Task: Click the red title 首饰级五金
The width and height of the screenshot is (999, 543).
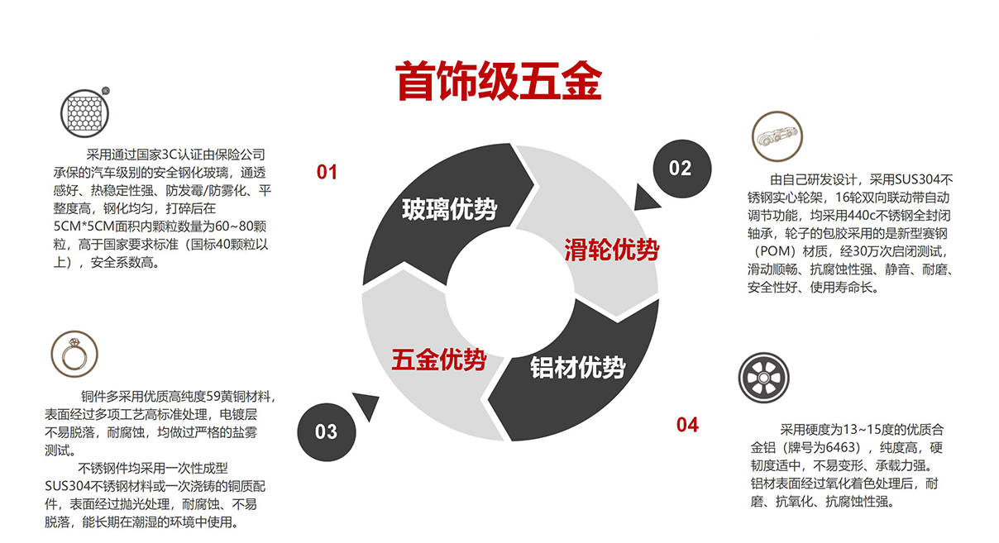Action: [x=499, y=81]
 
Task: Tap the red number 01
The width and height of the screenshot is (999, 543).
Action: [x=327, y=172]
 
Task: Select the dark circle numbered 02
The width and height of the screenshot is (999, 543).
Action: [x=682, y=169]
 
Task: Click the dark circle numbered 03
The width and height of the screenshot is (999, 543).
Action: [x=327, y=432]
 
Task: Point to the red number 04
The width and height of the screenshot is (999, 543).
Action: [x=687, y=425]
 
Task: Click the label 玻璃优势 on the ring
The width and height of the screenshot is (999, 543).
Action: [x=449, y=209]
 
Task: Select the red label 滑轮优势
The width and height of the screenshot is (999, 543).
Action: [x=611, y=250]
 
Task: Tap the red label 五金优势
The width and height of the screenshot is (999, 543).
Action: [x=439, y=360]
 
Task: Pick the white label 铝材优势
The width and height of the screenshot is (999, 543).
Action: [x=577, y=368]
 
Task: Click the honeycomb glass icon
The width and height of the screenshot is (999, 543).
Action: [x=84, y=113]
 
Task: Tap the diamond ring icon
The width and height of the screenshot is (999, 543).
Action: [x=74, y=354]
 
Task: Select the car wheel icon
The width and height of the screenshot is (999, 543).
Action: [x=763, y=378]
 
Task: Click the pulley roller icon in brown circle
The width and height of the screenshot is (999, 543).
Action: [x=777, y=136]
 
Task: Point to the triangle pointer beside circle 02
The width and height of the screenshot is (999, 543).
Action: [x=645, y=199]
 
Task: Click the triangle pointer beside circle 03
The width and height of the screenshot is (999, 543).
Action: [x=367, y=405]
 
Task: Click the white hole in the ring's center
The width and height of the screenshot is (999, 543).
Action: [x=510, y=293]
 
